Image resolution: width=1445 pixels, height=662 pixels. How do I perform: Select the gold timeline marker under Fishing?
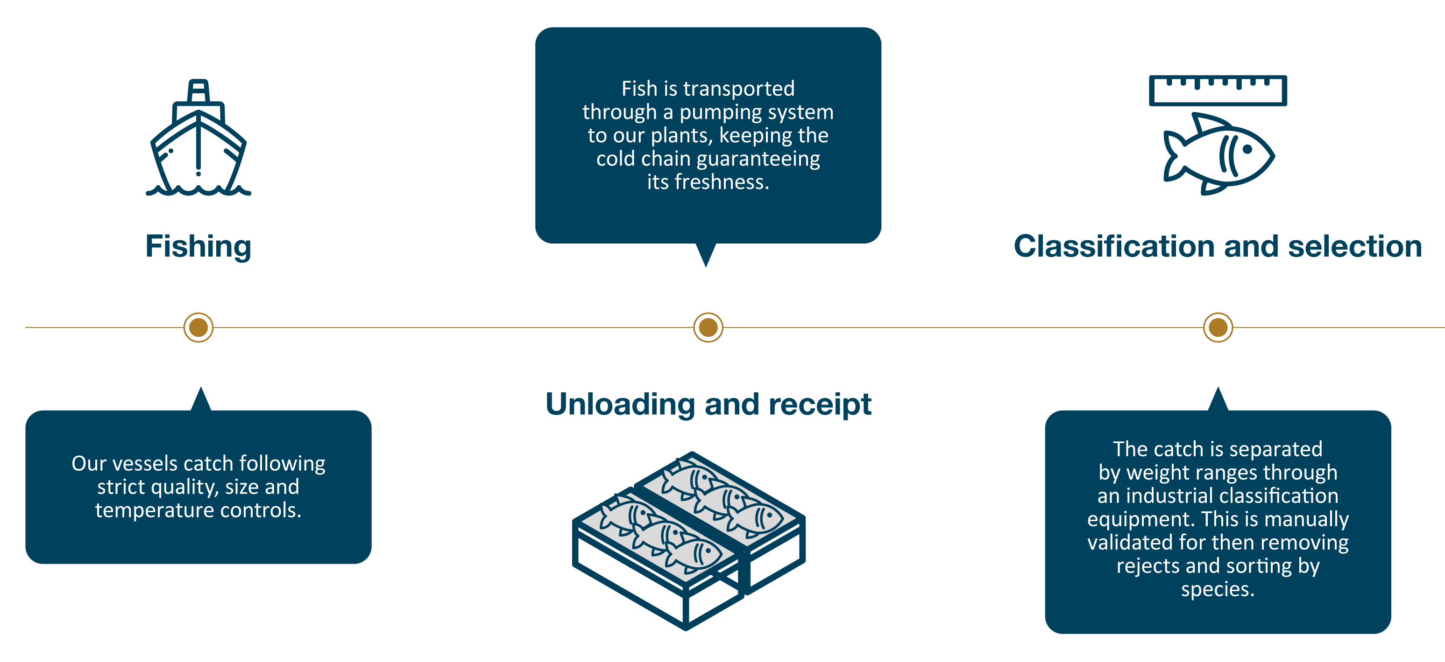198,328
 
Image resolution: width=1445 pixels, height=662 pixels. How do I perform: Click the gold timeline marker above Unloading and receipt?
708,328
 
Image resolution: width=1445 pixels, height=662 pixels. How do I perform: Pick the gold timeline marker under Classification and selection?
1218,328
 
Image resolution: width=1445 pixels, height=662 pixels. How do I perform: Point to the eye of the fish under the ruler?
1247,150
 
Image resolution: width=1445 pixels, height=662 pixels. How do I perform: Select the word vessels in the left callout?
145,464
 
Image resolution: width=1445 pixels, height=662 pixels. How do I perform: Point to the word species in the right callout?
1217,589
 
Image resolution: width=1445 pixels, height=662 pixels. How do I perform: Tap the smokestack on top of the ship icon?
198,91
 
